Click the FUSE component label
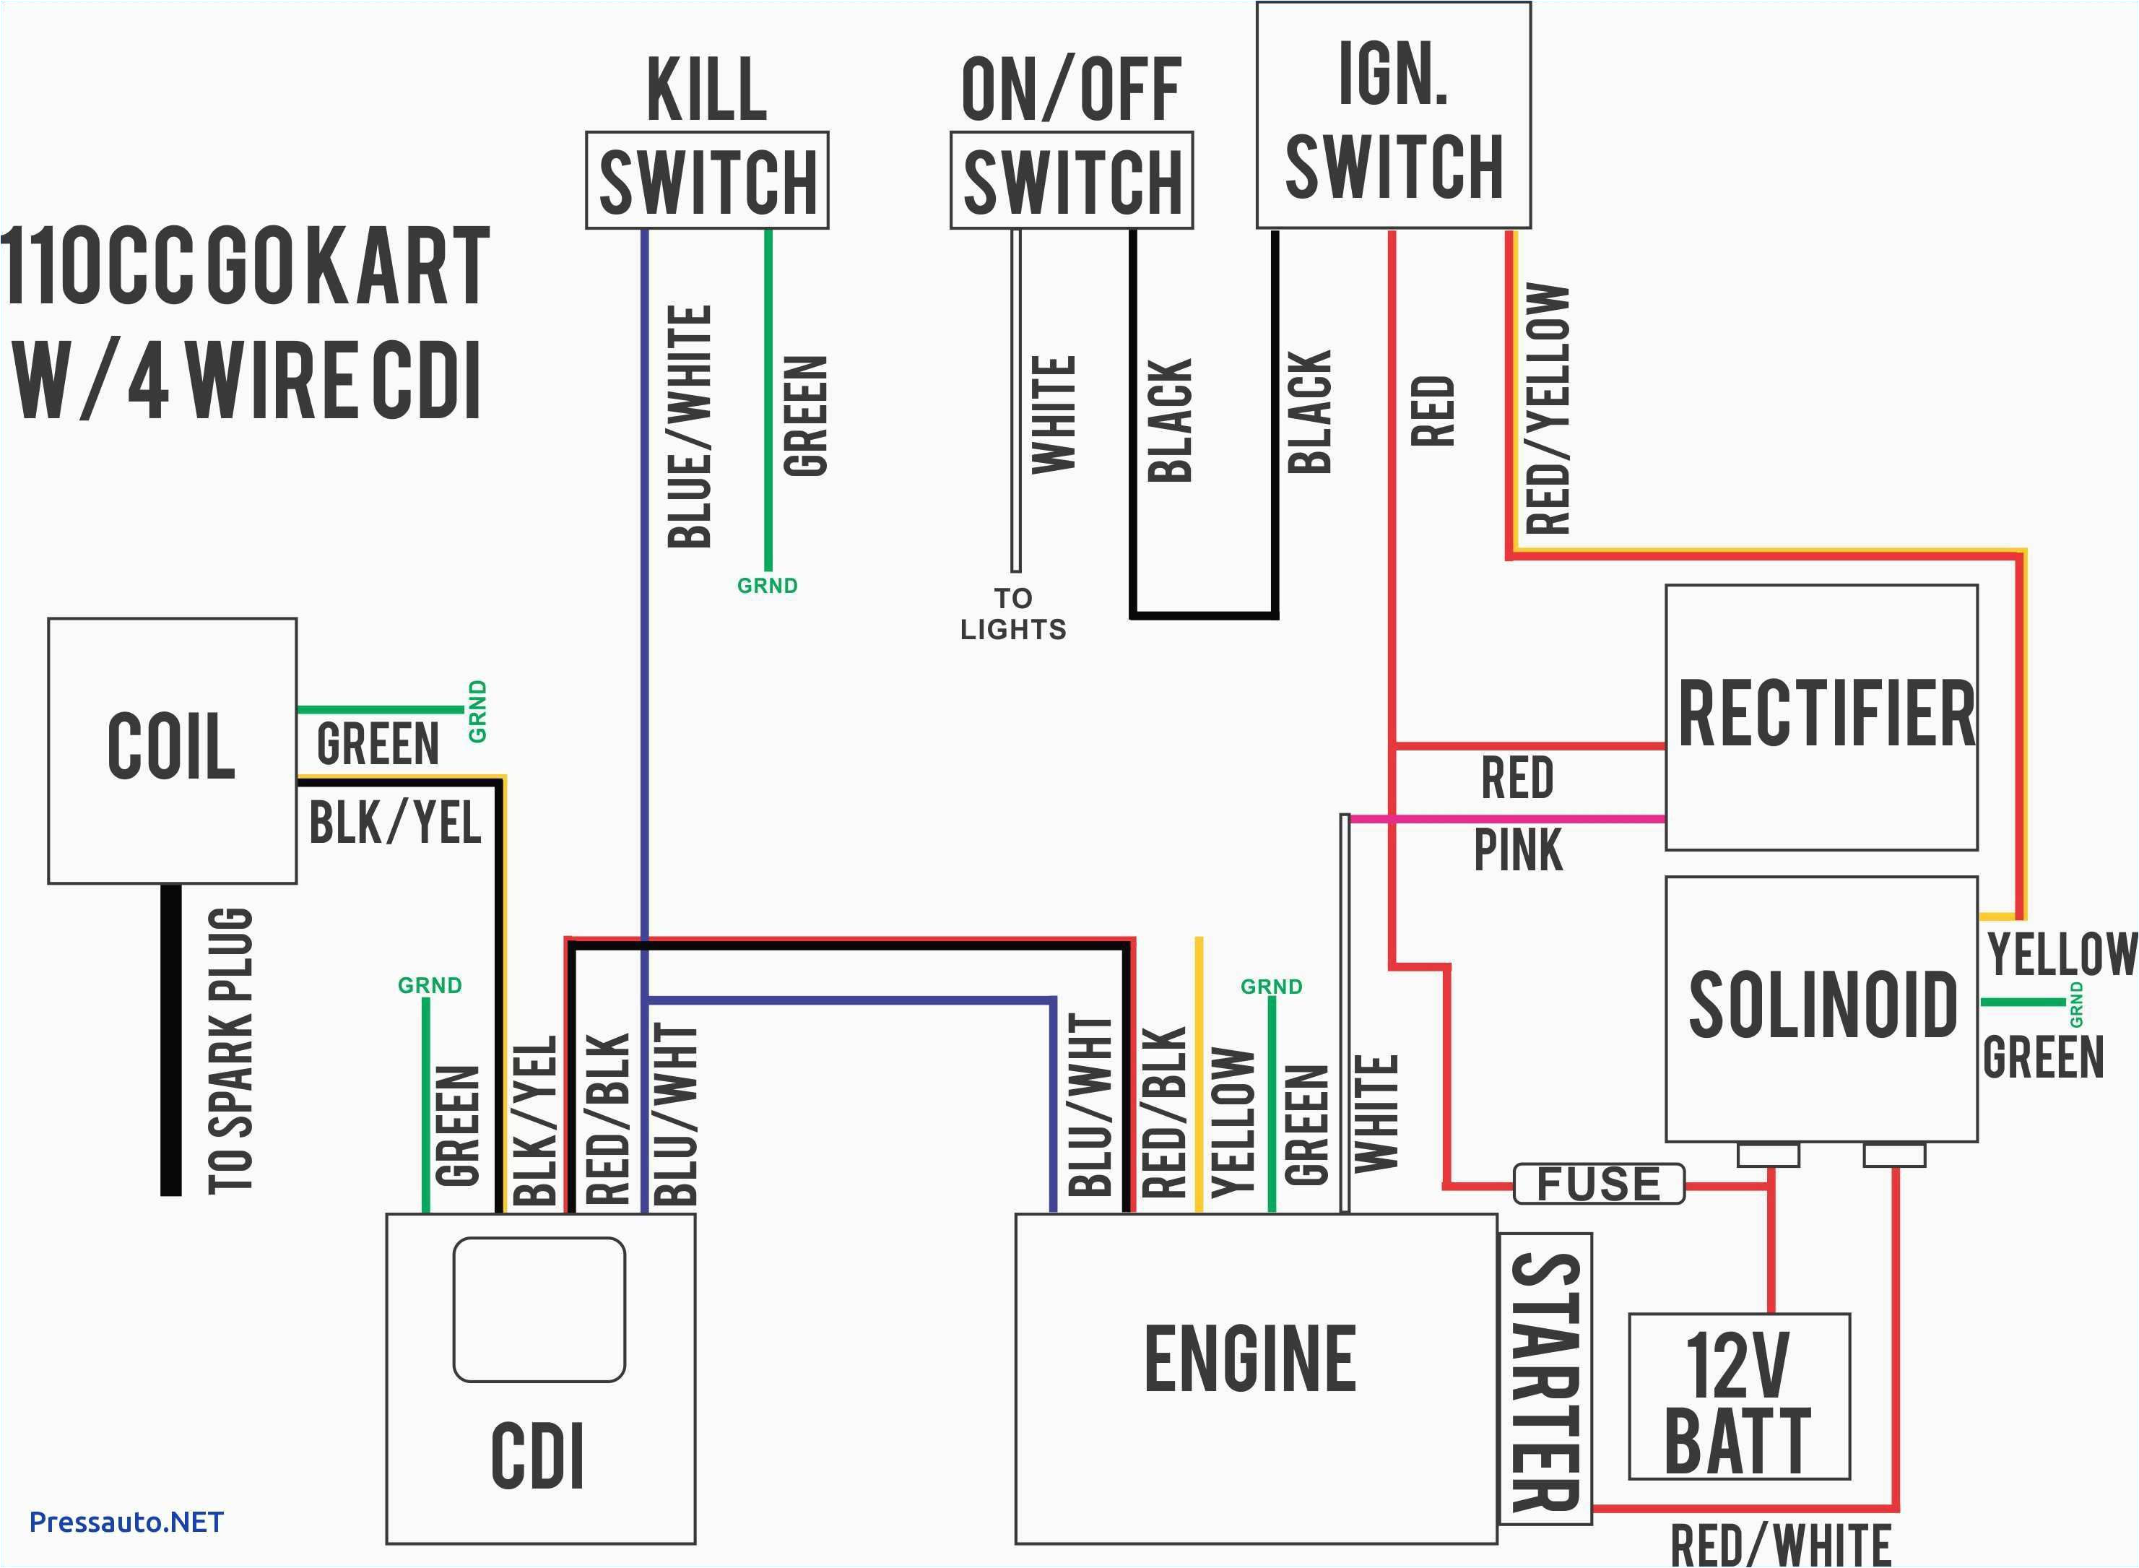1598,1184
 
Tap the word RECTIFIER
1826,715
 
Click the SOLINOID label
1822,1005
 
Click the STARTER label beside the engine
1545,1382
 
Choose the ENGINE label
1251,1360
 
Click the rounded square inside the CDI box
539,1310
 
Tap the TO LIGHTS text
1012,614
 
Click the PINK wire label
1517,850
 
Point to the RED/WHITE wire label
1780,1545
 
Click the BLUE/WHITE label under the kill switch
690,427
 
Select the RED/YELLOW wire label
1548,408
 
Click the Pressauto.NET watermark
126,1522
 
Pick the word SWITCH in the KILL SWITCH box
708,182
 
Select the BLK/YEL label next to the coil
395,822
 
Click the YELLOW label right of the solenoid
2061,954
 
